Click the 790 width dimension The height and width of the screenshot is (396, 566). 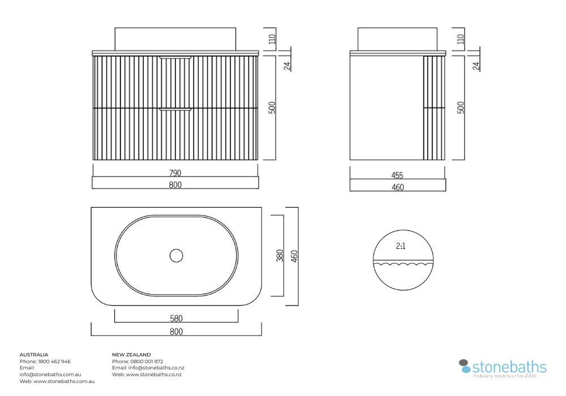(x=175, y=173)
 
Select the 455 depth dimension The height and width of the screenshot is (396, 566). (x=397, y=175)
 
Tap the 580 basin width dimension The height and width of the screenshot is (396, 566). (x=176, y=318)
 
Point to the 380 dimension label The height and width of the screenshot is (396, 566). (x=280, y=256)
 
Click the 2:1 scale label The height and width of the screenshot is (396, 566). (x=401, y=246)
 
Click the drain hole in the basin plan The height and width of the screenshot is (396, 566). (x=176, y=256)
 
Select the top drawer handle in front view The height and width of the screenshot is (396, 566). (x=175, y=57)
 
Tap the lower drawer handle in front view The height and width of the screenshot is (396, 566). (x=175, y=109)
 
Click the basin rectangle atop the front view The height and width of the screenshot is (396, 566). (x=175, y=39)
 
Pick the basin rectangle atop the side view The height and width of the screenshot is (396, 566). (x=397, y=39)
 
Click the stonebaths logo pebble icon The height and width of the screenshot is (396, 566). (x=465, y=366)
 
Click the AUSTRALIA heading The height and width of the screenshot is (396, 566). (x=34, y=355)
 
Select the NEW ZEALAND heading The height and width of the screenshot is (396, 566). (x=131, y=355)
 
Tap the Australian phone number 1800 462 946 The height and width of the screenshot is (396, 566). (x=54, y=361)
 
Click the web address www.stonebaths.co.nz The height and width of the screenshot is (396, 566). (x=154, y=375)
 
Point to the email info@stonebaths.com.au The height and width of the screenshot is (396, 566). (x=50, y=375)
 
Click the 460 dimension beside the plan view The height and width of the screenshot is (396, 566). (x=294, y=256)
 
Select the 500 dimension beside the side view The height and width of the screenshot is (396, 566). (x=461, y=107)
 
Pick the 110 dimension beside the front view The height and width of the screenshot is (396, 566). (x=272, y=39)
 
